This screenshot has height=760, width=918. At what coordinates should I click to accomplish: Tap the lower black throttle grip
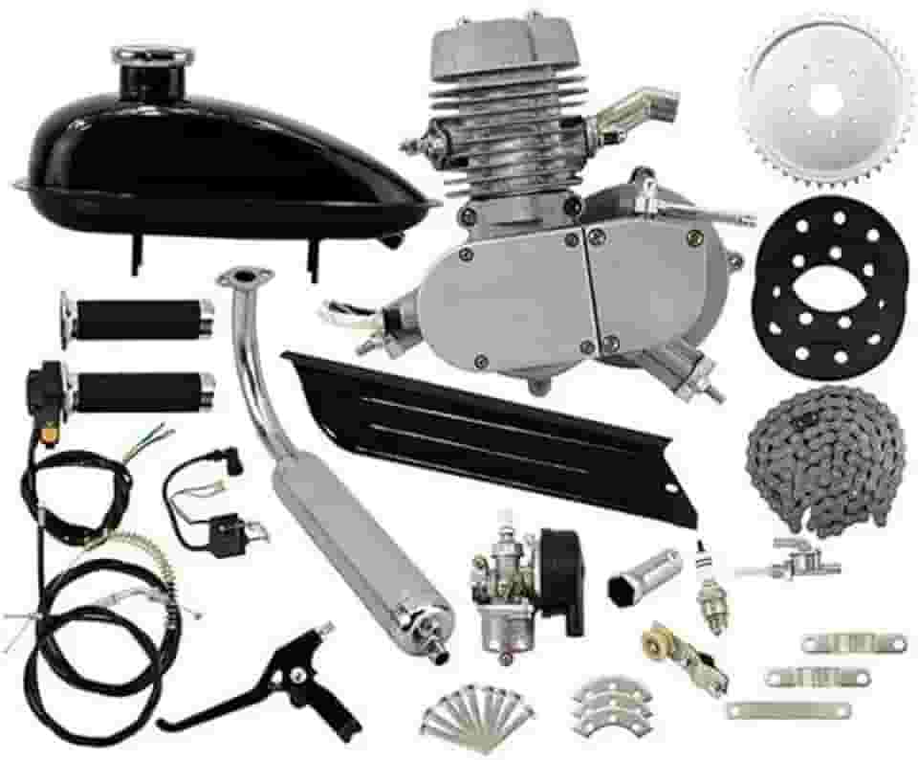pos(139,391)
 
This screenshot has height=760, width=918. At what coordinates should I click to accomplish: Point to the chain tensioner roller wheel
pos(660,637)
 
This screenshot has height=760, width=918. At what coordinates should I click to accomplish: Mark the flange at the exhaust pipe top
pos(235,279)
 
